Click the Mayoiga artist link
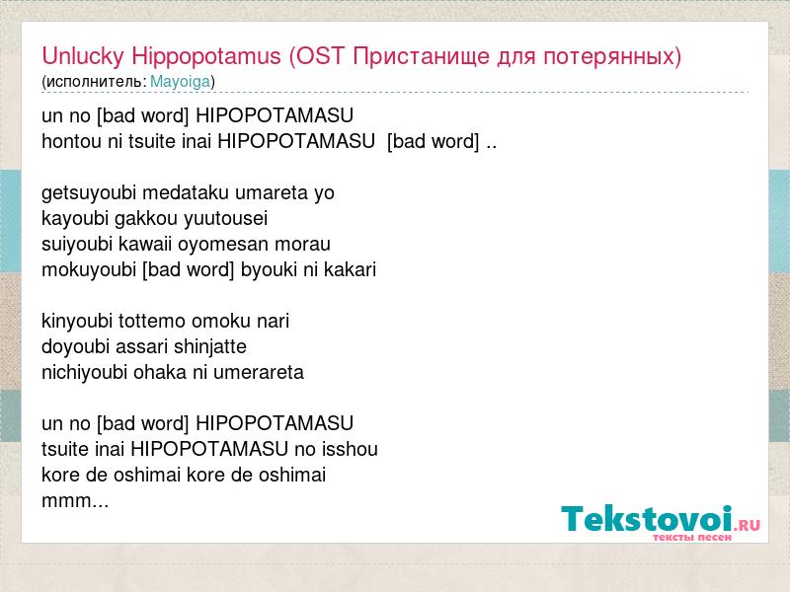coord(180,82)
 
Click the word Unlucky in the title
coord(83,56)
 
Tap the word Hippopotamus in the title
coord(206,56)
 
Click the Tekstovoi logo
coord(661,523)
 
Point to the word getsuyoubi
coord(89,193)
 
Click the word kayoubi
coord(75,219)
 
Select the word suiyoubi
coord(77,244)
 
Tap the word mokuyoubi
coord(89,270)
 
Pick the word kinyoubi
coord(77,322)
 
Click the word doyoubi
coord(76,347)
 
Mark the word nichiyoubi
coord(85,373)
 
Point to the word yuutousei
coord(225,219)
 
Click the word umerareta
coord(259,373)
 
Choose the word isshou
coord(350,449)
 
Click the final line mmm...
coord(75,501)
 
